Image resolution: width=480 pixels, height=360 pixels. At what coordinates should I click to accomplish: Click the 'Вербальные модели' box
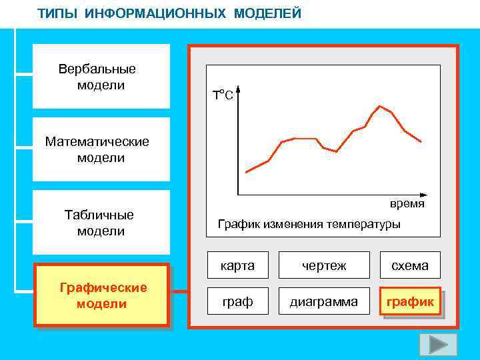point(101,77)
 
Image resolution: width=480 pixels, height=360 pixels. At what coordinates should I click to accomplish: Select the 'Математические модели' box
point(101,149)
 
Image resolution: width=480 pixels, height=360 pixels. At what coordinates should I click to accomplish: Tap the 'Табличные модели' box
point(101,223)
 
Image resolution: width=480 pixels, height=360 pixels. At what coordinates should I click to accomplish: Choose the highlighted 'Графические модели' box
point(101,295)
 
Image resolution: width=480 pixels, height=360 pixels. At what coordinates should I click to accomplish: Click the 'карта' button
point(238,265)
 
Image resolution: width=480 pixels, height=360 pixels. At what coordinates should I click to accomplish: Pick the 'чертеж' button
point(324,265)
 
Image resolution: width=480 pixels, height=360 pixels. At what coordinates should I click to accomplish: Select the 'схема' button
point(410,265)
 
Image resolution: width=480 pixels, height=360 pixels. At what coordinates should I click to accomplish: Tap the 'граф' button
point(238,302)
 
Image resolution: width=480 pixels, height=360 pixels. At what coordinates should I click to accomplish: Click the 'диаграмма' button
point(324,302)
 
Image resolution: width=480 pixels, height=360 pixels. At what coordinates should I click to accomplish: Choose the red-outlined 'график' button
point(410,302)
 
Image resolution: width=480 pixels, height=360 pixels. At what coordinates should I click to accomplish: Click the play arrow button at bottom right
point(438,344)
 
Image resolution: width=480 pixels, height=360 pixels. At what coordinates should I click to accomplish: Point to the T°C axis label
point(223,95)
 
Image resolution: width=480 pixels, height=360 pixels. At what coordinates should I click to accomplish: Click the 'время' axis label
point(407,203)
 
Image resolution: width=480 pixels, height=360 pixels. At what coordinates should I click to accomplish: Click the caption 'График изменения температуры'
point(309,224)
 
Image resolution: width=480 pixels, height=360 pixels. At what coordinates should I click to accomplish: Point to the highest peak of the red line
point(380,106)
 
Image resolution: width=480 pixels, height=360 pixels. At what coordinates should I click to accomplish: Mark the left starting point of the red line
point(247,173)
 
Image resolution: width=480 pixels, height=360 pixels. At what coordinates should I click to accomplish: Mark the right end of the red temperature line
point(421,141)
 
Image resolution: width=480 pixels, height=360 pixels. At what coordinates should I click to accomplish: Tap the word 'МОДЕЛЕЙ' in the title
point(267,13)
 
